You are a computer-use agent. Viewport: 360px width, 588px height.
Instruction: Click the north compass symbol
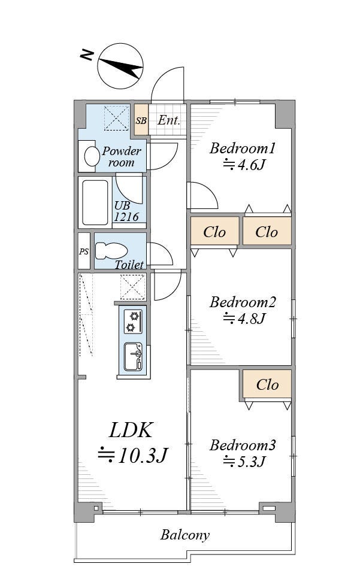click(120, 66)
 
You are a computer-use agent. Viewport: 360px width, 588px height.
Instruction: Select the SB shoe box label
click(141, 121)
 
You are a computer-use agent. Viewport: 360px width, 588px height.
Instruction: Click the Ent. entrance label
click(169, 120)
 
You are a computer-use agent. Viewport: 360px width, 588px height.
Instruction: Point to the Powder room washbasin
click(92, 156)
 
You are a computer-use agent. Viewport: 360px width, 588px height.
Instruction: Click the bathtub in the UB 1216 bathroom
click(95, 202)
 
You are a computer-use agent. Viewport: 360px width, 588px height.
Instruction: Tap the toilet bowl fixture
click(111, 250)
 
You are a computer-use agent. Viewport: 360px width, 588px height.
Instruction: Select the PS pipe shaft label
click(84, 251)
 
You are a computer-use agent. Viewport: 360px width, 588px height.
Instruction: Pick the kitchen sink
click(133, 357)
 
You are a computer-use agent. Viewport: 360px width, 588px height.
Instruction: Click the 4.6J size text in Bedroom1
click(244, 165)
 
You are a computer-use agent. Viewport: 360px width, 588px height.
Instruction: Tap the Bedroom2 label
click(243, 302)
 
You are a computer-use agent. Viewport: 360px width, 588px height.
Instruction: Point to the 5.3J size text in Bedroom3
click(244, 461)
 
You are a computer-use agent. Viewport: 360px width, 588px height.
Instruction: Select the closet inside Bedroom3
click(267, 384)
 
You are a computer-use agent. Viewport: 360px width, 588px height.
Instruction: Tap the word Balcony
click(185, 535)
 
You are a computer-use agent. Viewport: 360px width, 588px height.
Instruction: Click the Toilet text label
click(129, 265)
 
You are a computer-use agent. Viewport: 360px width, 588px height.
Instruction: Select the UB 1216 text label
click(126, 211)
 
